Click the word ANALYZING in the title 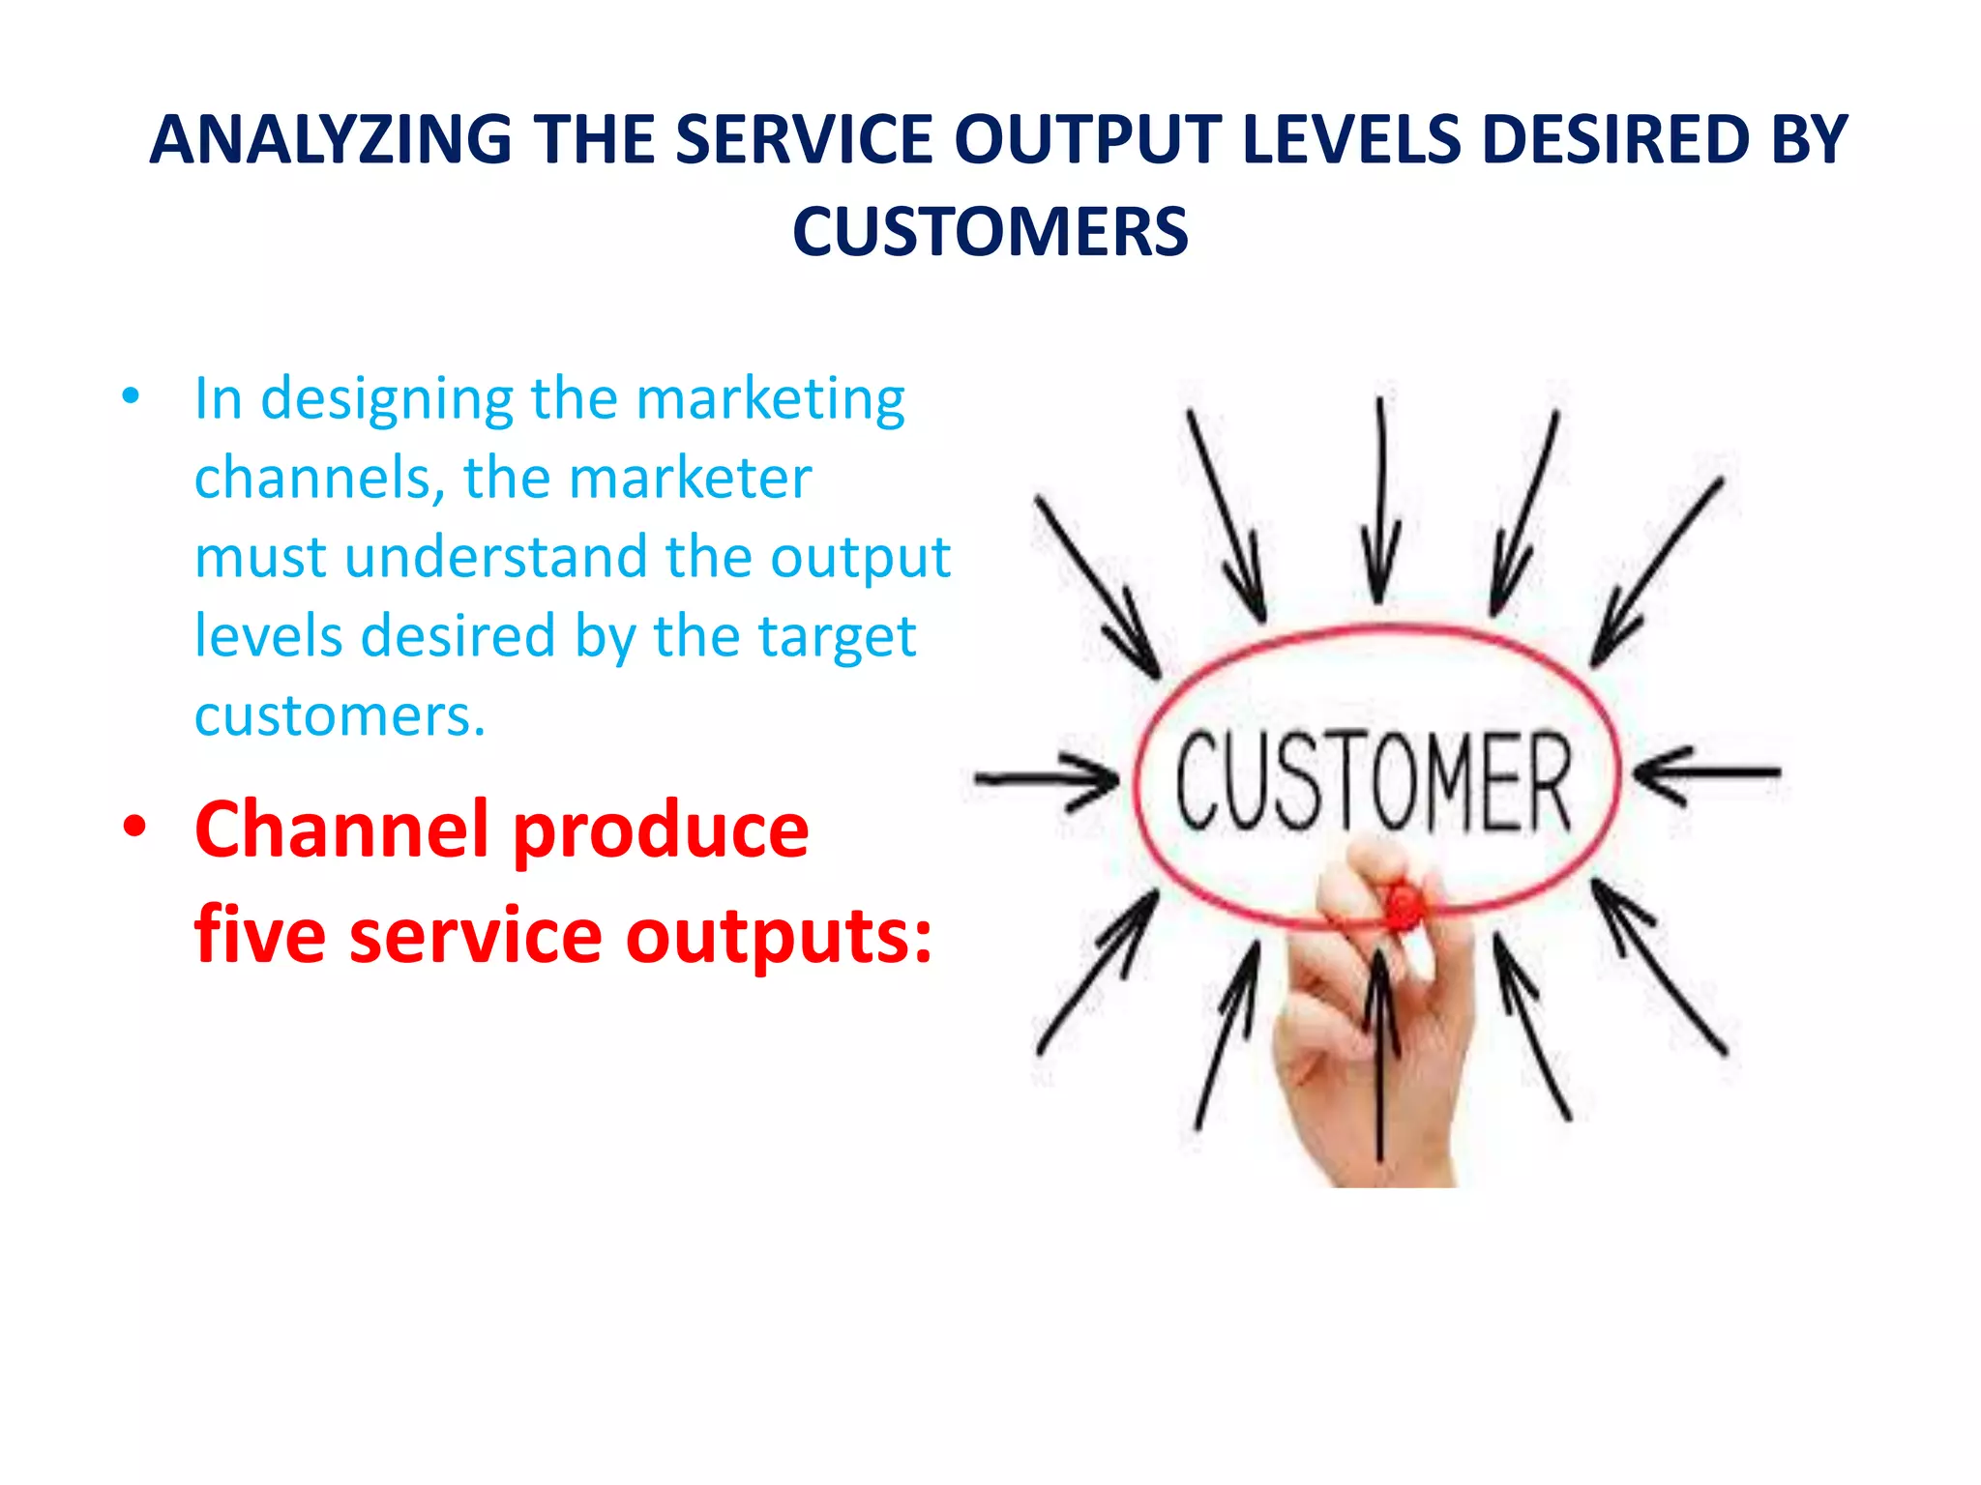tap(331, 140)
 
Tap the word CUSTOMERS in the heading tap(990, 233)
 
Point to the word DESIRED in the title tap(1615, 140)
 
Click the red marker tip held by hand tap(1403, 906)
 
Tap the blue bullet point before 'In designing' tap(131, 396)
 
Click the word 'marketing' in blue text tap(770, 399)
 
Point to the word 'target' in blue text tap(836, 637)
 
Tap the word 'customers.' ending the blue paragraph tap(340, 716)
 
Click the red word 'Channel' tap(341, 830)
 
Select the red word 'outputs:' tap(779, 936)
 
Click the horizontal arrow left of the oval tap(1046, 778)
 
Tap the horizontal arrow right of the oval tap(1706, 772)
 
